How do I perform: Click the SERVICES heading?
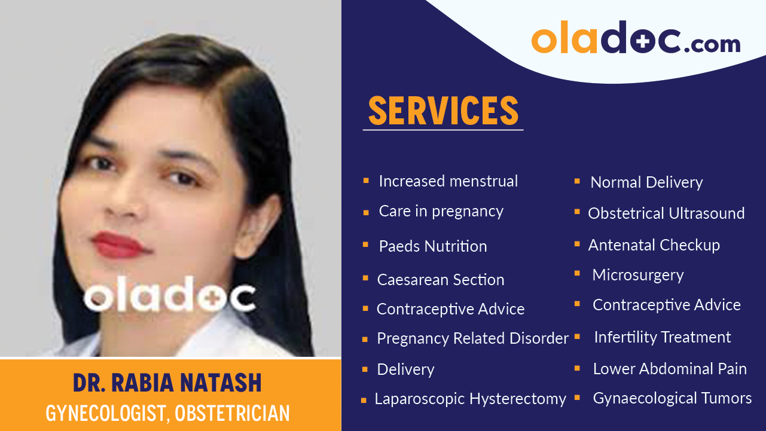tap(443, 111)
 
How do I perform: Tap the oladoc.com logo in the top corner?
tap(636, 39)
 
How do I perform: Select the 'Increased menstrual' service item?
tap(448, 181)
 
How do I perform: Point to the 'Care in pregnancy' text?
tap(441, 211)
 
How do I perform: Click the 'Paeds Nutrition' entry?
tap(433, 246)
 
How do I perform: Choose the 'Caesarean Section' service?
tap(441, 279)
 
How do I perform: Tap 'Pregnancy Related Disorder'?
tap(472, 338)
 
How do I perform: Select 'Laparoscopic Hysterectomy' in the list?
tap(470, 399)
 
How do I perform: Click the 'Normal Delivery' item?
tap(646, 182)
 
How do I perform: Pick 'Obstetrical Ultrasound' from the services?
tap(666, 213)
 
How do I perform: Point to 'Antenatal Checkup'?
tap(654, 244)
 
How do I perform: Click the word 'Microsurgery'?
tap(638, 275)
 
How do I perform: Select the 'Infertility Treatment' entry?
tap(663, 337)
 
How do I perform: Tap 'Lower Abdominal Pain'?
tap(670, 369)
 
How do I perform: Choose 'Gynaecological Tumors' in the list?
tap(672, 398)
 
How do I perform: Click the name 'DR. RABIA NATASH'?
tap(167, 383)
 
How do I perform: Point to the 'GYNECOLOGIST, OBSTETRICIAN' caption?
tap(168, 413)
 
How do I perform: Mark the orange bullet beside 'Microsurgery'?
tap(578, 274)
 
